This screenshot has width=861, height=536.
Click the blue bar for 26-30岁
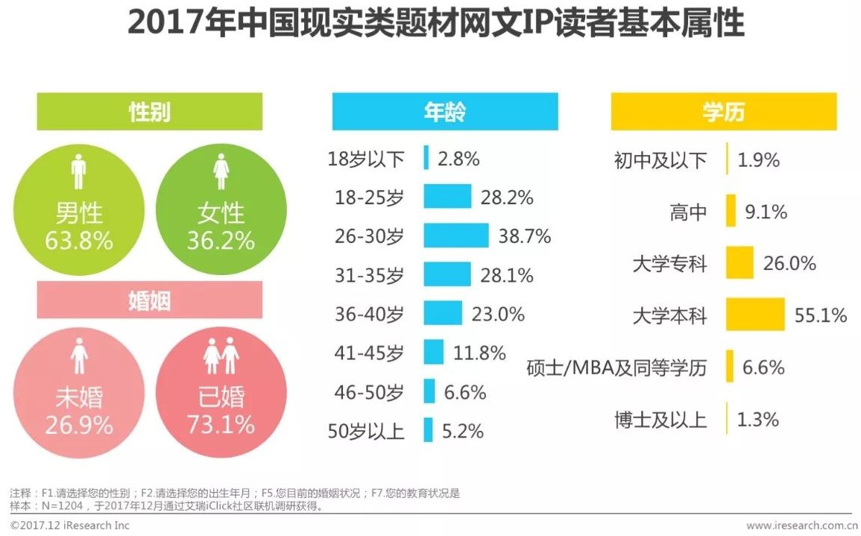click(x=455, y=236)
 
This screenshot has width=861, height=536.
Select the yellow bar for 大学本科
click(x=755, y=315)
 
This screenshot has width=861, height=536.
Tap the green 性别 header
click(x=150, y=112)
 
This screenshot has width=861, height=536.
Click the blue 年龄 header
click(x=444, y=112)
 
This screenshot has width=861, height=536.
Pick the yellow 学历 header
click(x=723, y=112)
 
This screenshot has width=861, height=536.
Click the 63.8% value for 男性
click(x=79, y=240)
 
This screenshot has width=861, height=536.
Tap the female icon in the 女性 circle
click(x=221, y=172)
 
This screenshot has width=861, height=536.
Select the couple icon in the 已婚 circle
click(x=221, y=356)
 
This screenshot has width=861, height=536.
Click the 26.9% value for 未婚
click(x=79, y=425)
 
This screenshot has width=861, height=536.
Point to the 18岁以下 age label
click(x=366, y=159)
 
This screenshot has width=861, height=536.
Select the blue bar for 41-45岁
click(x=433, y=352)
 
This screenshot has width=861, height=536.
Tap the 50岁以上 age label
click(x=366, y=431)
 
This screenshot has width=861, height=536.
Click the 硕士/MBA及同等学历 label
click(x=616, y=368)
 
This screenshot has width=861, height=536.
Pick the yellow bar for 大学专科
click(x=739, y=263)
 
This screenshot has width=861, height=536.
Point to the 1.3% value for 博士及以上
click(x=758, y=420)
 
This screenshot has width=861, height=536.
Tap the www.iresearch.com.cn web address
click(x=798, y=526)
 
